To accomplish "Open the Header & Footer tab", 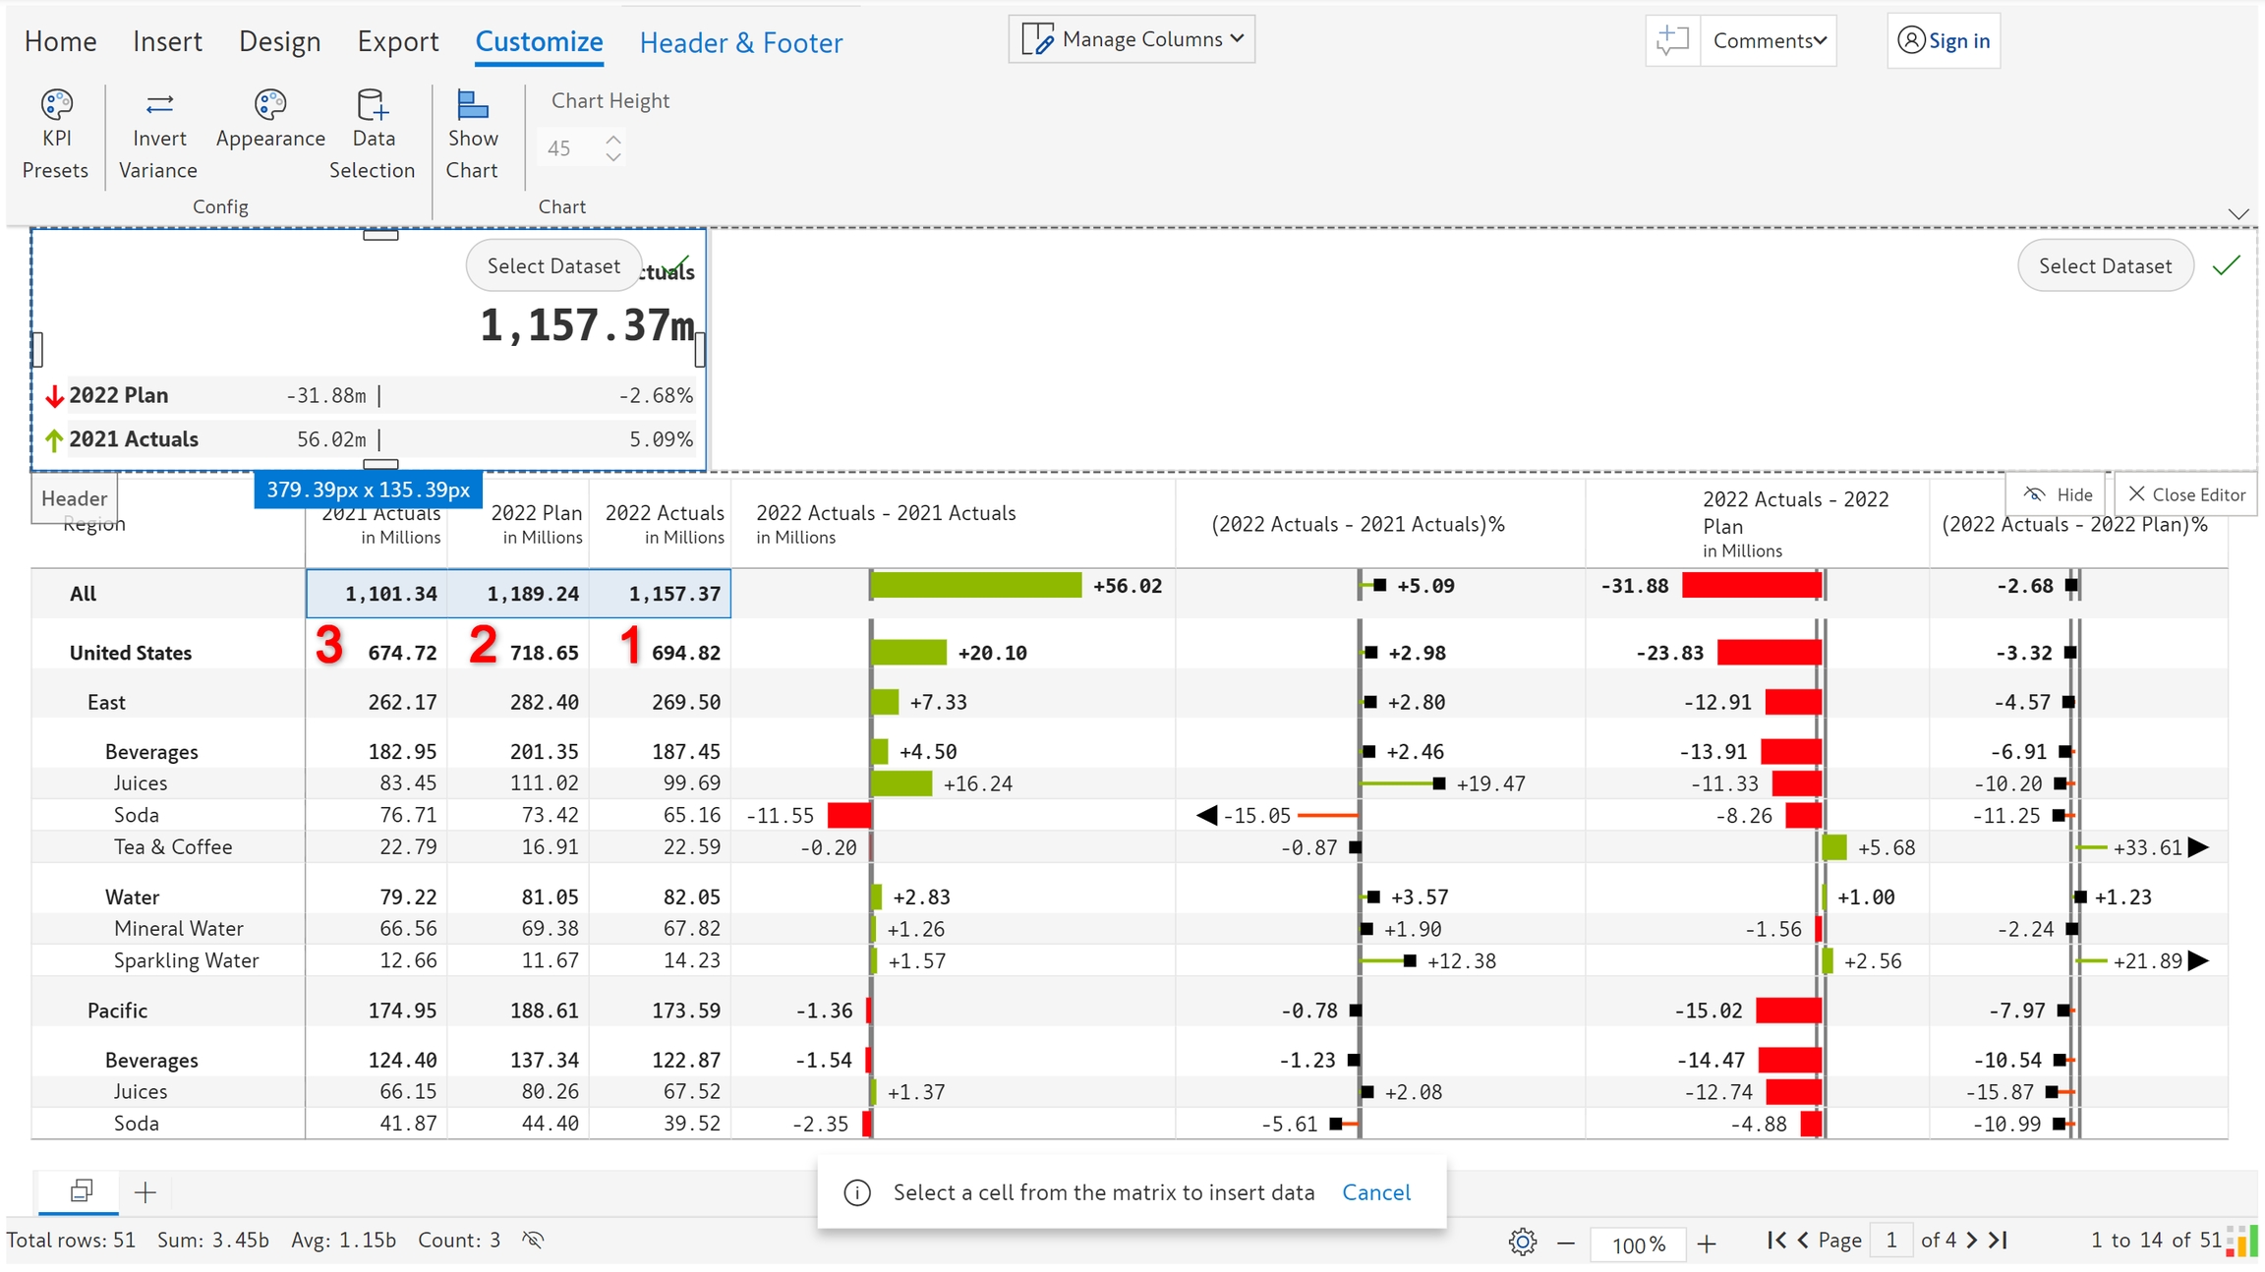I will pyautogui.click(x=740, y=42).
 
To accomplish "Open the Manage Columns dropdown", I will pyautogui.click(x=1132, y=39).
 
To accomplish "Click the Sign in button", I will pyautogui.click(x=1944, y=40).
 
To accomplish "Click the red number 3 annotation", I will pyautogui.click(x=329, y=646).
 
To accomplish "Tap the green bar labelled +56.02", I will pyautogui.click(x=975, y=586).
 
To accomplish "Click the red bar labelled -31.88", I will pyautogui.click(x=1751, y=586).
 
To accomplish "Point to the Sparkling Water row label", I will pyautogui.click(x=186, y=960).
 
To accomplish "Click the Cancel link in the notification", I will pyautogui.click(x=1375, y=1192).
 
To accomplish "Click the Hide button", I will pyautogui.click(x=2059, y=494).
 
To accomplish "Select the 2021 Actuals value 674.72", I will pyautogui.click(x=402, y=653).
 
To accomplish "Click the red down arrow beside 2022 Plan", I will pyautogui.click(x=55, y=396).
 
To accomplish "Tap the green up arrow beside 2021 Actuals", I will pyautogui.click(x=55, y=440).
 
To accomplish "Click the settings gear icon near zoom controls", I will pyautogui.click(x=1522, y=1243).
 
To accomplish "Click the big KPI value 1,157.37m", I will pyautogui.click(x=586, y=325).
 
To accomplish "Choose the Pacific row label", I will pyautogui.click(x=117, y=1011).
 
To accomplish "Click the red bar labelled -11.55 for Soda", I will pyautogui.click(x=848, y=815).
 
